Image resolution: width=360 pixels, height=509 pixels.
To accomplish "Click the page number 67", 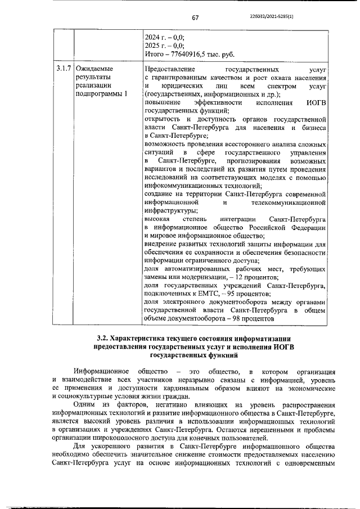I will pos(195,18).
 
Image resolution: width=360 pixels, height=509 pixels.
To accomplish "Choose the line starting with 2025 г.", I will pos(164,46).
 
